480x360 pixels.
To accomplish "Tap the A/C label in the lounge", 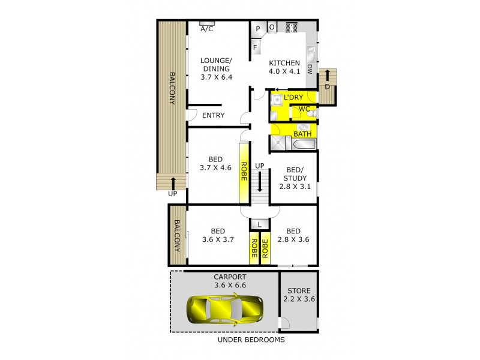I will pos(207,29).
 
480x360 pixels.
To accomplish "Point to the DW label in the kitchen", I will pos(310,68).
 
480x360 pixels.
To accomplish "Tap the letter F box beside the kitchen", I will pos(255,46).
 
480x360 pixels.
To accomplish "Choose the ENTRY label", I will pos(213,115).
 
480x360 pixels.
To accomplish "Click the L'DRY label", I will pos(293,97).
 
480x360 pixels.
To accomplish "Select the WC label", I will pos(304,109).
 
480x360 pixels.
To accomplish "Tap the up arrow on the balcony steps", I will pos(173,182).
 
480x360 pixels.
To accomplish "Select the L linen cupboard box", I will pos(259,224).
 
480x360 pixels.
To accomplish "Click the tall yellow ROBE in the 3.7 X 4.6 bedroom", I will pos(244,172).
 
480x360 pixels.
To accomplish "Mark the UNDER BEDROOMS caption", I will pos(251,340).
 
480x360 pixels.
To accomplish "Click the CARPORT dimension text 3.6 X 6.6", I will pos(230,286).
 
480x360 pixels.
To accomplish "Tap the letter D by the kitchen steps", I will pos(327,86).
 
